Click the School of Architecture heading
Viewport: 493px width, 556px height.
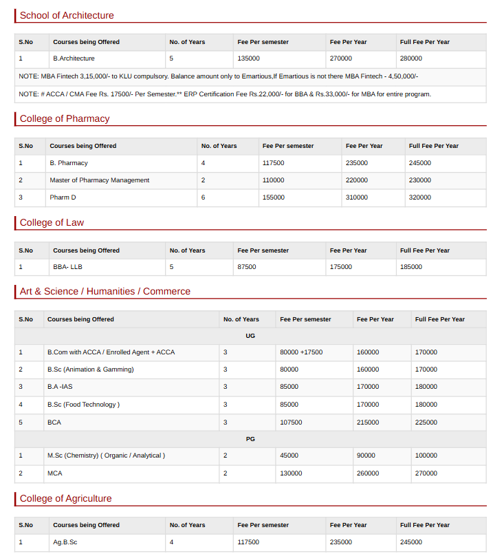[67, 15]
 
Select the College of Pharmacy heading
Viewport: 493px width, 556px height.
[65, 118]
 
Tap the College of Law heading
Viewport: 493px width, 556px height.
[52, 222]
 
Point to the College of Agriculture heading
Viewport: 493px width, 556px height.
[65, 498]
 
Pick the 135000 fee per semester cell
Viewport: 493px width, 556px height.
[248, 58]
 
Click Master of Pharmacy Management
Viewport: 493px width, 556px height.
[99, 180]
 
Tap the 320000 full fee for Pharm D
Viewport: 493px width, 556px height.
[420, 197]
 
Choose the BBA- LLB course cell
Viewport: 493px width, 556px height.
[67, 267]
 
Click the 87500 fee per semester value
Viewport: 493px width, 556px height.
[247, 267]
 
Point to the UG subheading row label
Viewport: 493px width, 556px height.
[250, 336]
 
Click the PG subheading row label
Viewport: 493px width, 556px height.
[250, 438]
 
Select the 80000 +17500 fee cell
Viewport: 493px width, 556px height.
[301, 352]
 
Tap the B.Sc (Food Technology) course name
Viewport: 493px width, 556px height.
[83, 405]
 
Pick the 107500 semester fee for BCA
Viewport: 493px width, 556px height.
[291, 422]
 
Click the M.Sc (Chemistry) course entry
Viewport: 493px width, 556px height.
[106, 456]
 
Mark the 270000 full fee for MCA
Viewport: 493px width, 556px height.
[426, 473]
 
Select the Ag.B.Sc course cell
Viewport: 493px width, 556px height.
[65, 542]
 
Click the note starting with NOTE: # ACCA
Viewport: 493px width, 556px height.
[225, 94]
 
